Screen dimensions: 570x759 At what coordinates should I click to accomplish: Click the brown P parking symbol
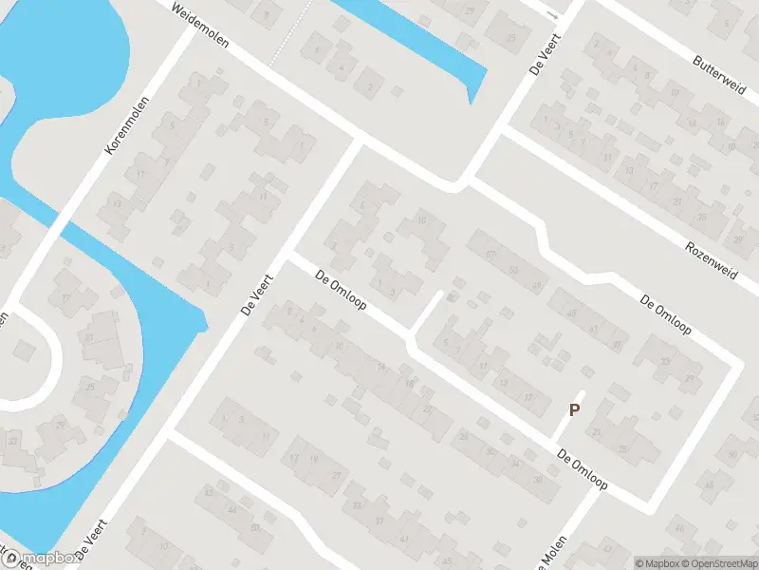tap(573, 410)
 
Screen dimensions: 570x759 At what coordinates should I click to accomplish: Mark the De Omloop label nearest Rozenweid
tap(666, 317)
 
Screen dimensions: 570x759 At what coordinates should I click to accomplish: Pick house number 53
tap(512, 271)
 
